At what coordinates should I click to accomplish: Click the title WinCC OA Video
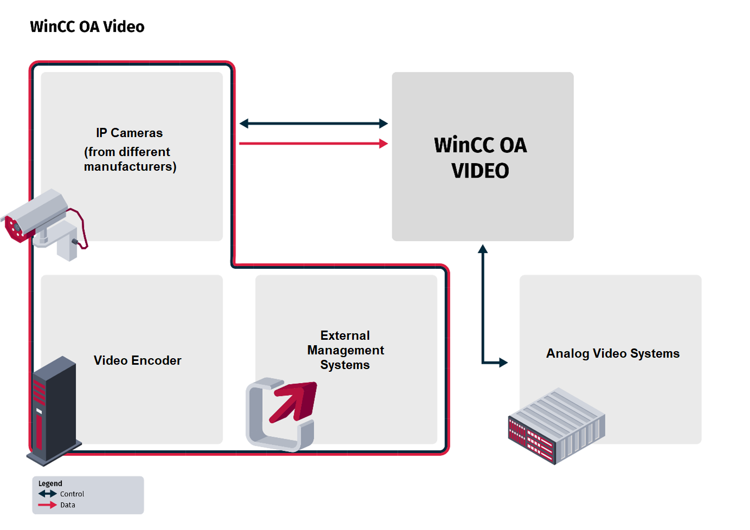87,27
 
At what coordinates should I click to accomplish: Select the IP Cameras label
130,133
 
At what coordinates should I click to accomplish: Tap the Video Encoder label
137,360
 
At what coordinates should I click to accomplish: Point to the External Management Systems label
345,350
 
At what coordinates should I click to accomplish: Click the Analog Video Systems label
612,353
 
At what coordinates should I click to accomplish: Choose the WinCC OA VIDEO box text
480,158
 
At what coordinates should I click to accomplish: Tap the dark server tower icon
54,410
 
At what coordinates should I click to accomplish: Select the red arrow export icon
282,413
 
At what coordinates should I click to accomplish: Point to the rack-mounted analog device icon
556,425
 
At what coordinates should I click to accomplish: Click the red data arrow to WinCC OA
313,144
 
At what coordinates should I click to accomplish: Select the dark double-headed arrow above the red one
313,124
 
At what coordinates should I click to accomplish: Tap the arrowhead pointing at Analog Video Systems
503,362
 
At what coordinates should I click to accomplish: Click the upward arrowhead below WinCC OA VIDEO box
483,249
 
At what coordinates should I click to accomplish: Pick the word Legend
50,483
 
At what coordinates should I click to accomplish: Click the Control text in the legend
72,494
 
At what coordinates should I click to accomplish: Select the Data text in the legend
68,505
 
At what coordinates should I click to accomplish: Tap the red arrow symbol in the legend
48,505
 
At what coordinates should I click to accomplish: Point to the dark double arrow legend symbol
48,494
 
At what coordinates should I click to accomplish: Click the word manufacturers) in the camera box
130,166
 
